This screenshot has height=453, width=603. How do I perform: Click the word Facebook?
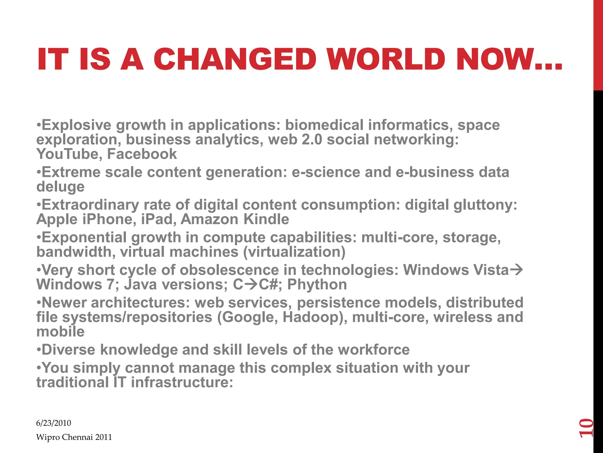point(142,154)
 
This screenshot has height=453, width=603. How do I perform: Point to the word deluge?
point(60,187)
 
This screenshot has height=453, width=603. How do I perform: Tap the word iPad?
point(156,219)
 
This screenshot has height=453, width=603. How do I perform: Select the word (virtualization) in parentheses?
point(294,252)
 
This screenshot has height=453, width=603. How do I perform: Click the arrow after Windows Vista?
point(516,270)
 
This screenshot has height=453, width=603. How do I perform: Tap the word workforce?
point(374,350)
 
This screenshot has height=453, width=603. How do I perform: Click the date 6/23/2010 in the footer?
point(54,423)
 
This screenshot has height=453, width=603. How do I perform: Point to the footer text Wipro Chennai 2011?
point(74,437)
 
